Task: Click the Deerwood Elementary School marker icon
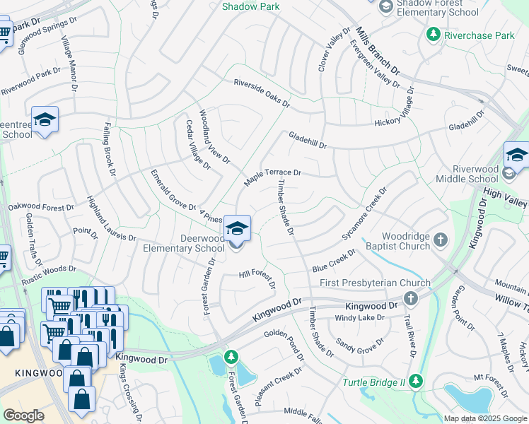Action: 237,229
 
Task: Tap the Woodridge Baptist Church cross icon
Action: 441,240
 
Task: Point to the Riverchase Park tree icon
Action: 433,34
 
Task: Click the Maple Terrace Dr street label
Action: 273,177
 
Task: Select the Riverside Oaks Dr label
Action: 262,93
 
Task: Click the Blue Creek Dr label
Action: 334,261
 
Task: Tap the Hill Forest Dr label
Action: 257,279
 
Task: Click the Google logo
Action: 23,416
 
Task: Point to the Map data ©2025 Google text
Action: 484,418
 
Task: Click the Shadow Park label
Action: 251,6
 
